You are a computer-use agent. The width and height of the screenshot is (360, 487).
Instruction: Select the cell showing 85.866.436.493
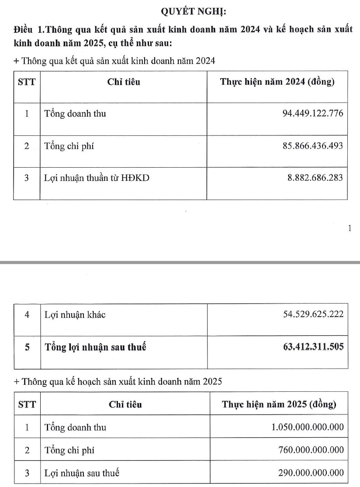[314, 146]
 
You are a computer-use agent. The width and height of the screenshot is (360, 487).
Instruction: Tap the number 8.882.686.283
[316, 178]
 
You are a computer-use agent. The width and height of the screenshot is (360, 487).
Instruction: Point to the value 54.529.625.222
[314, 314]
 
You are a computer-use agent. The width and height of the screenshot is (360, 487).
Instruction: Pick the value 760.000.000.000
[311, 450]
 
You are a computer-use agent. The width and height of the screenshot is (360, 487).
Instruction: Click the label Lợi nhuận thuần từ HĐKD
[97, 178]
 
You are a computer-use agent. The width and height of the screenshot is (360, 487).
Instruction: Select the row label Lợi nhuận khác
[75, 315]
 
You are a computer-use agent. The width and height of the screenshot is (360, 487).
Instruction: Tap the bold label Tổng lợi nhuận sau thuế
[95, 348]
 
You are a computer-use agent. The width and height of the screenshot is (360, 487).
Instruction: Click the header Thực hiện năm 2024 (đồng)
[277, 82]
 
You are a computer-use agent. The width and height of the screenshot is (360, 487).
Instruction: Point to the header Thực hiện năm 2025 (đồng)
[279, 404]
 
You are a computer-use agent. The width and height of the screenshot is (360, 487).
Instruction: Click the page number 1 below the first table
[350, 228]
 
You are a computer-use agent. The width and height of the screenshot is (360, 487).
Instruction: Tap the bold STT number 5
[27, 348]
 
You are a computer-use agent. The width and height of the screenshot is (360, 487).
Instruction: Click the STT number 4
[27, 315]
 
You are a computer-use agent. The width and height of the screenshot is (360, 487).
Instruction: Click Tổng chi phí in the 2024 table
[69, 146]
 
